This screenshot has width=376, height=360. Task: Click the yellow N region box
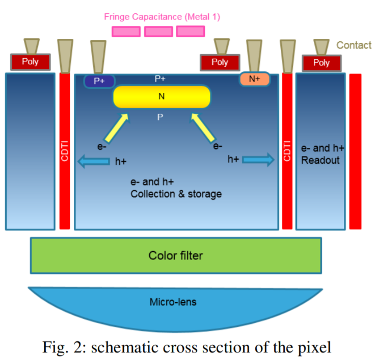[x=162, y=97]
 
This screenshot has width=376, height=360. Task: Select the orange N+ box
[x=254, y=79]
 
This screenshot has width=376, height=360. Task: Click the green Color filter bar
[x=176, y=254]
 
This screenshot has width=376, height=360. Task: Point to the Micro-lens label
[x=173, y=302]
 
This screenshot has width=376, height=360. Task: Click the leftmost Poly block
[x=30, y=62]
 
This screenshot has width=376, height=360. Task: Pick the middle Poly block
[x=220, y=62]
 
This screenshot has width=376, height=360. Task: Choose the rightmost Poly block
[x=321, y=63]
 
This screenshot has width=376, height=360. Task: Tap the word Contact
[x=354, y=45]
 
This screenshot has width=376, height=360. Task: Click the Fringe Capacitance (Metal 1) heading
[x=162, y=17]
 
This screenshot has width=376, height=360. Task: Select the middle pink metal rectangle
[x=158, y=32]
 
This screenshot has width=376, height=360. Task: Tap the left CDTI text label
[x=65, y=151]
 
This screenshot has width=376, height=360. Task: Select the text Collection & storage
[x=176, y=194]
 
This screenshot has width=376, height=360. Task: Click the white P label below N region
[x=160, y=117]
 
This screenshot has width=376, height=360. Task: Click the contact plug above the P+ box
[x=98, y=57]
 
